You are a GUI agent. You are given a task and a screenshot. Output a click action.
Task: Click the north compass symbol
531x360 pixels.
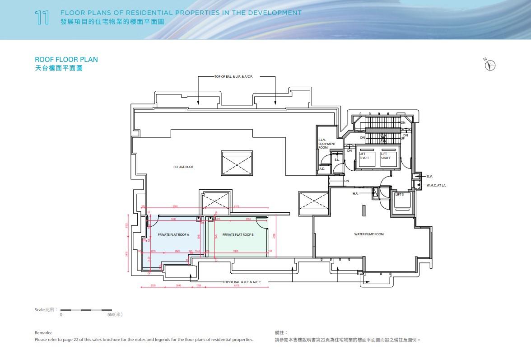click(490, 65)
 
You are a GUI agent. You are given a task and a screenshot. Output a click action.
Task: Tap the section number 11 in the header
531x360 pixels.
click(42, 19)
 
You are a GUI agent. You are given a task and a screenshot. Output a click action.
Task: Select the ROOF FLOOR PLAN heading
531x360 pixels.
click(66, 60)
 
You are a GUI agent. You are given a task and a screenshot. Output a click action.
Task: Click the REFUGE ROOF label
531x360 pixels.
click(183, 167)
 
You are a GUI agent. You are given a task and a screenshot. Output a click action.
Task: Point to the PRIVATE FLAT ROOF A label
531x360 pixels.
click(173, 235)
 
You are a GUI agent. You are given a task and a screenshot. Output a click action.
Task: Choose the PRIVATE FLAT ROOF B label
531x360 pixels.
click(238, 235)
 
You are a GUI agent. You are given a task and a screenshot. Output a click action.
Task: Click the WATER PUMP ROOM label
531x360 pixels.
click(369, 234)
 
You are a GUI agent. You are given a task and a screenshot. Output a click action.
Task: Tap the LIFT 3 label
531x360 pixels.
click(400, 195)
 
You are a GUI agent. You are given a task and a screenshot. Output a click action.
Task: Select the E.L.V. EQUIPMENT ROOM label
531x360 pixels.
click(326, 144)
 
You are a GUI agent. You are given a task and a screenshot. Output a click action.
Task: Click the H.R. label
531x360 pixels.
click(355, 194)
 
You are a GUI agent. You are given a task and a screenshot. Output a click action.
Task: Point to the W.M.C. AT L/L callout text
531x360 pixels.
click(437, 185)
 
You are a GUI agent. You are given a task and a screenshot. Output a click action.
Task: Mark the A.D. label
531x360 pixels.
click(322, 169)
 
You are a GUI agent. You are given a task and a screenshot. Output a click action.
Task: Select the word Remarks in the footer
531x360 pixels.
click(43, 332)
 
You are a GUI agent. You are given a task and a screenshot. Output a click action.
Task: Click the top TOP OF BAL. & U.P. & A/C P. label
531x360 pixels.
click(233, 77)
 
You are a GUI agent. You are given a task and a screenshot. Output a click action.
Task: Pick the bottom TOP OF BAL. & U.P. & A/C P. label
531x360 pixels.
click(242, 282)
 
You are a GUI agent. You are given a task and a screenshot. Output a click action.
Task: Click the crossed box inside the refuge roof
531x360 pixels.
click(237, 163)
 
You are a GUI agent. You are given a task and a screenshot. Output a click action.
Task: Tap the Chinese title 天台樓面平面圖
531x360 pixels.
click(59, 69)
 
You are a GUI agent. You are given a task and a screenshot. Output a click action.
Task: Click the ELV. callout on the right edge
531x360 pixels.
click(429, 176)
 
